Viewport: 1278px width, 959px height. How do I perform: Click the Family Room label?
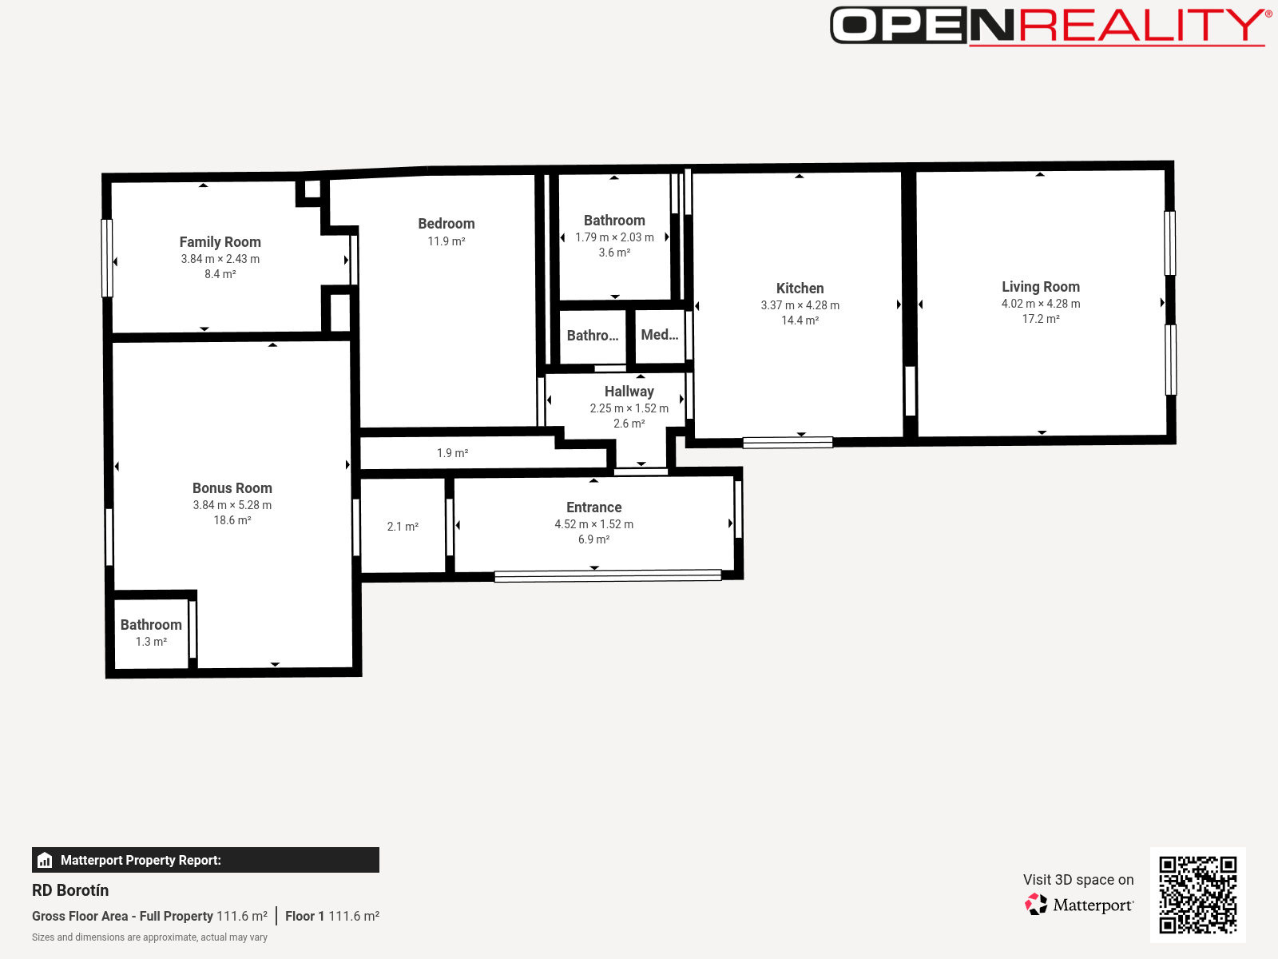click(220, 241)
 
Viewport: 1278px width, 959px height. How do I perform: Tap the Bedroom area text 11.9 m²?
click(447, 241)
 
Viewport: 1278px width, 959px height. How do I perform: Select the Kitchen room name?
click(800, 288)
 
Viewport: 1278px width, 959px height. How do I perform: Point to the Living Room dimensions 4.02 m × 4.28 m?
click(1041, 304)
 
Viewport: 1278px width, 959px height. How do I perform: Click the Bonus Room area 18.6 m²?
click(232, 520)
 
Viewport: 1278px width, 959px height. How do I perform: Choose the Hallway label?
click(629, 392)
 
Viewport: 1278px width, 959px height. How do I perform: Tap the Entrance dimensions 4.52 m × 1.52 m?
click(594, 524)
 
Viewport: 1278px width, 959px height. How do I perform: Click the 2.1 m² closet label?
click(403, 527)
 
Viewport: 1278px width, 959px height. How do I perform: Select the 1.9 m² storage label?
click(452, 452)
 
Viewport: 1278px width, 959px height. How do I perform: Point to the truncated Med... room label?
click(660, 335)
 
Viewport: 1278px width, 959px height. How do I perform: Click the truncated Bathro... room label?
click(593, 336)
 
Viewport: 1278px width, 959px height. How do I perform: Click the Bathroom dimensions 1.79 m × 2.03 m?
click(615, 237)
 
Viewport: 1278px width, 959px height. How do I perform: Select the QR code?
click(1197, 894)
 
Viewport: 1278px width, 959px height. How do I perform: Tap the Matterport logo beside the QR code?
click(1079, 905)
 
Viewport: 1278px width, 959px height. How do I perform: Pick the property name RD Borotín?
click(70, 890)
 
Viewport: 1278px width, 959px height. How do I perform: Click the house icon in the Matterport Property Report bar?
click(45, 860)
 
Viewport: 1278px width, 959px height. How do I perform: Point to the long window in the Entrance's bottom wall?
click(608, 576)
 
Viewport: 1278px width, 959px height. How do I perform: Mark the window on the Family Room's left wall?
click(107, 258)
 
